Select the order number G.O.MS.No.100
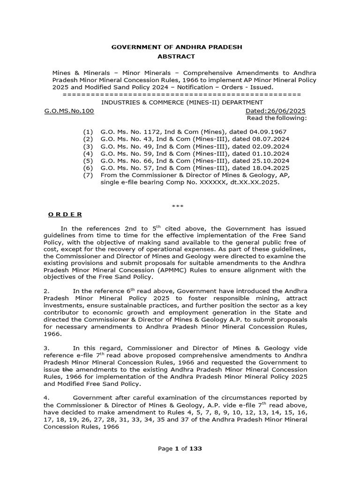coord(69,111)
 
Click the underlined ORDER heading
coord(65,214)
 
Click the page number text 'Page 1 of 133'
coord(180,449)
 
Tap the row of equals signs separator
coord(181,95)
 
